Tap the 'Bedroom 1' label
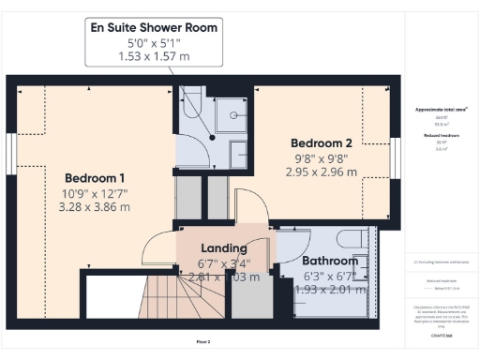tap(95, 177)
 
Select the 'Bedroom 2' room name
tap(321, 142)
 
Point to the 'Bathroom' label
tap(329, 261)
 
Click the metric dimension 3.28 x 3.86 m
tap(95, 209)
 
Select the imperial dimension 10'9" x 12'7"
tap(95, 194)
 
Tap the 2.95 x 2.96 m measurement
tap(321, 172)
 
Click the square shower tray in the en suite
tap(230, 117)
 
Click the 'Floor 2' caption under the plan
tap(202, 341)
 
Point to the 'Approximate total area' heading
tap(441, 110)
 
